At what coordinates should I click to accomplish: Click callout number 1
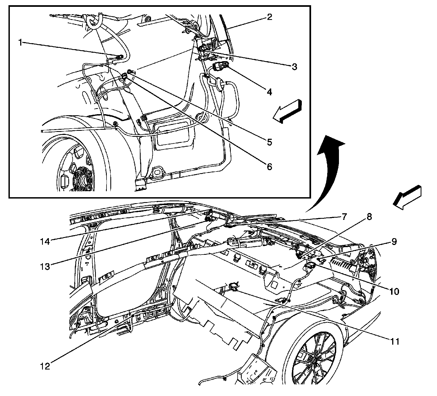coord(20,43)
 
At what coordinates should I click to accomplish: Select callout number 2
coord(269,17)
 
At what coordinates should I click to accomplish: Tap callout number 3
coord(294,67)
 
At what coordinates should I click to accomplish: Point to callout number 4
coord(269,92)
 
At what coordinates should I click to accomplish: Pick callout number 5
coord(269,142)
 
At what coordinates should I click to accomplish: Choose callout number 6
coord(269,166)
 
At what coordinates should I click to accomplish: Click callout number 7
coord(344,217)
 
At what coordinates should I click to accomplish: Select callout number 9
coord(394,242)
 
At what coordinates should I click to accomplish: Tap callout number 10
coord(394,291)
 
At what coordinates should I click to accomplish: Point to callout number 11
coord(394,341)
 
